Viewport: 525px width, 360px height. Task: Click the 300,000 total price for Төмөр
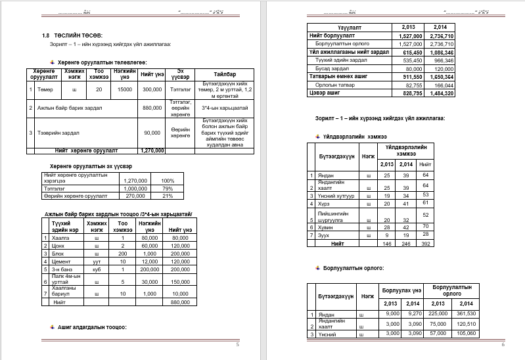(152, 89)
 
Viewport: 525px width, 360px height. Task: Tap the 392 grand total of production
(425, 243)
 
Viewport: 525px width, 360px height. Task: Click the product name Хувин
(326, 227)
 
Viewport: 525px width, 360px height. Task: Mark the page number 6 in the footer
(503, 344)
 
